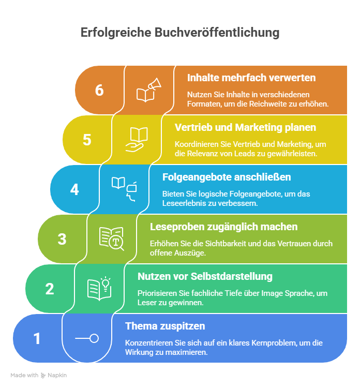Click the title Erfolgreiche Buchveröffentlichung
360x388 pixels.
click(180, 33)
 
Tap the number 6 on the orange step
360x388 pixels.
click(99, 90)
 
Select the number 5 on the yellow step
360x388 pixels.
click(87, 140)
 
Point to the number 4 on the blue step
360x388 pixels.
click(74, 189)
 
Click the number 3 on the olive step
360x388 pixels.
click(62, 239)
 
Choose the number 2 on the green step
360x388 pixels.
click(50, 289)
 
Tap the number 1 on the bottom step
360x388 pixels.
click(37, 338)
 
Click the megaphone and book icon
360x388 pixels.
click(149, 90)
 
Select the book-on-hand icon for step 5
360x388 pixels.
click(137, 140)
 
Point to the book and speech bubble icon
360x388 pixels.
click(124, 189)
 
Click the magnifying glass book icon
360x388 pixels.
click(112, 238)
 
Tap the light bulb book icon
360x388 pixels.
click(99, 288)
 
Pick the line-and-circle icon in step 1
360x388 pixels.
click(87, 338)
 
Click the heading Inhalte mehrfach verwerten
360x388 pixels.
click(251, 78)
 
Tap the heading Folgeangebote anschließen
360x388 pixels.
click(227, 177)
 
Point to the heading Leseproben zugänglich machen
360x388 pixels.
click(223, 227)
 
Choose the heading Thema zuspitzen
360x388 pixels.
click(165, 326)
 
